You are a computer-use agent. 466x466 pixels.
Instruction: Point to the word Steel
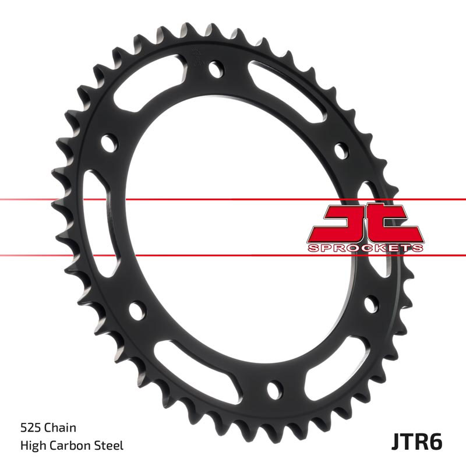[x=110, y=446]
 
